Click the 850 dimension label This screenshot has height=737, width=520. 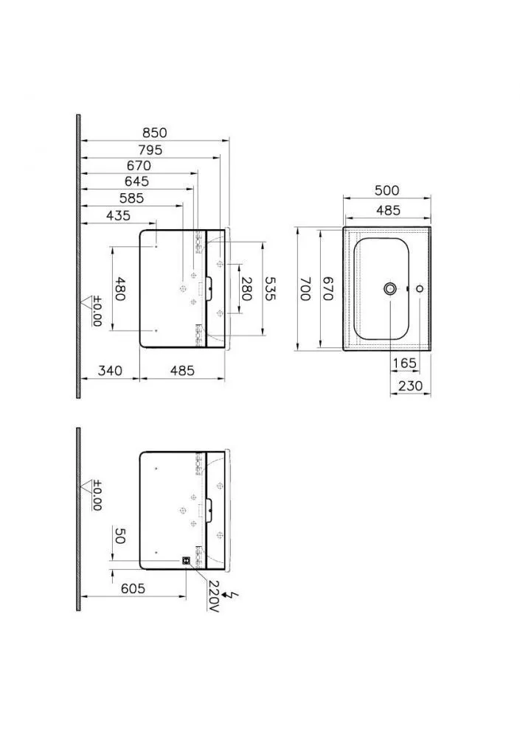154,133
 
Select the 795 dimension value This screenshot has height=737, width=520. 150,150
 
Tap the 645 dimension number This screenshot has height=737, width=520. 136,181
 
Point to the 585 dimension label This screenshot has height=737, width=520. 131,198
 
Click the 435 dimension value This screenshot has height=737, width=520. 118,215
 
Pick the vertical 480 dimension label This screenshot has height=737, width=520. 120,289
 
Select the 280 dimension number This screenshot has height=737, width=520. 246,288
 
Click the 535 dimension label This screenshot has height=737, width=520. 270,288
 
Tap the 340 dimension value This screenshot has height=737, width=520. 110,371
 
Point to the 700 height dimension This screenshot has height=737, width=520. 305,289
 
